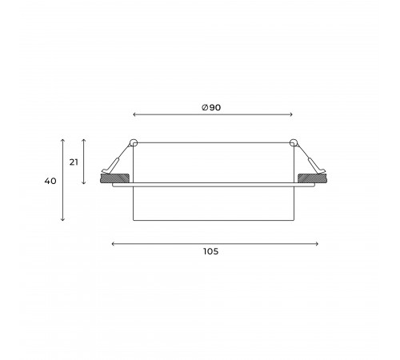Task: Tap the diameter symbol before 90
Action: [206, 107]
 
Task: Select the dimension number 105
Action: [210, 251]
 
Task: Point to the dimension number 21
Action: [73, 162]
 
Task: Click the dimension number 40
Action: [50, 182]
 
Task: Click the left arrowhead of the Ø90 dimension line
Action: [134, 114]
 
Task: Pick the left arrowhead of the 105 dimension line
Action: [112, 243]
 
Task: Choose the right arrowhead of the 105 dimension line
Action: [318, 243]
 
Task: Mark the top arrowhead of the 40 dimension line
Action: [62, 138]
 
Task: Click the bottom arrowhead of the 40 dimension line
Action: [62, 221]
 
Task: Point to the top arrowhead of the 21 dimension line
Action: [84, 138]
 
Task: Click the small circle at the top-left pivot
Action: [134, 143]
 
